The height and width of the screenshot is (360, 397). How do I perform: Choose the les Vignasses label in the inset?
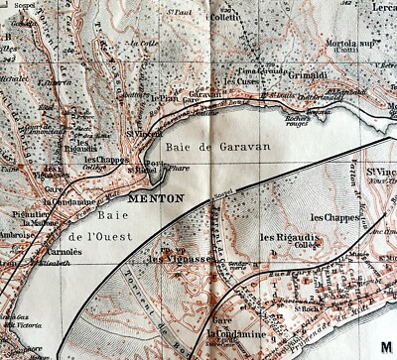(x=168, y=259)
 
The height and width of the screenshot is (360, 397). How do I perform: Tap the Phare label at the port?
(x=159, y=169)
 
